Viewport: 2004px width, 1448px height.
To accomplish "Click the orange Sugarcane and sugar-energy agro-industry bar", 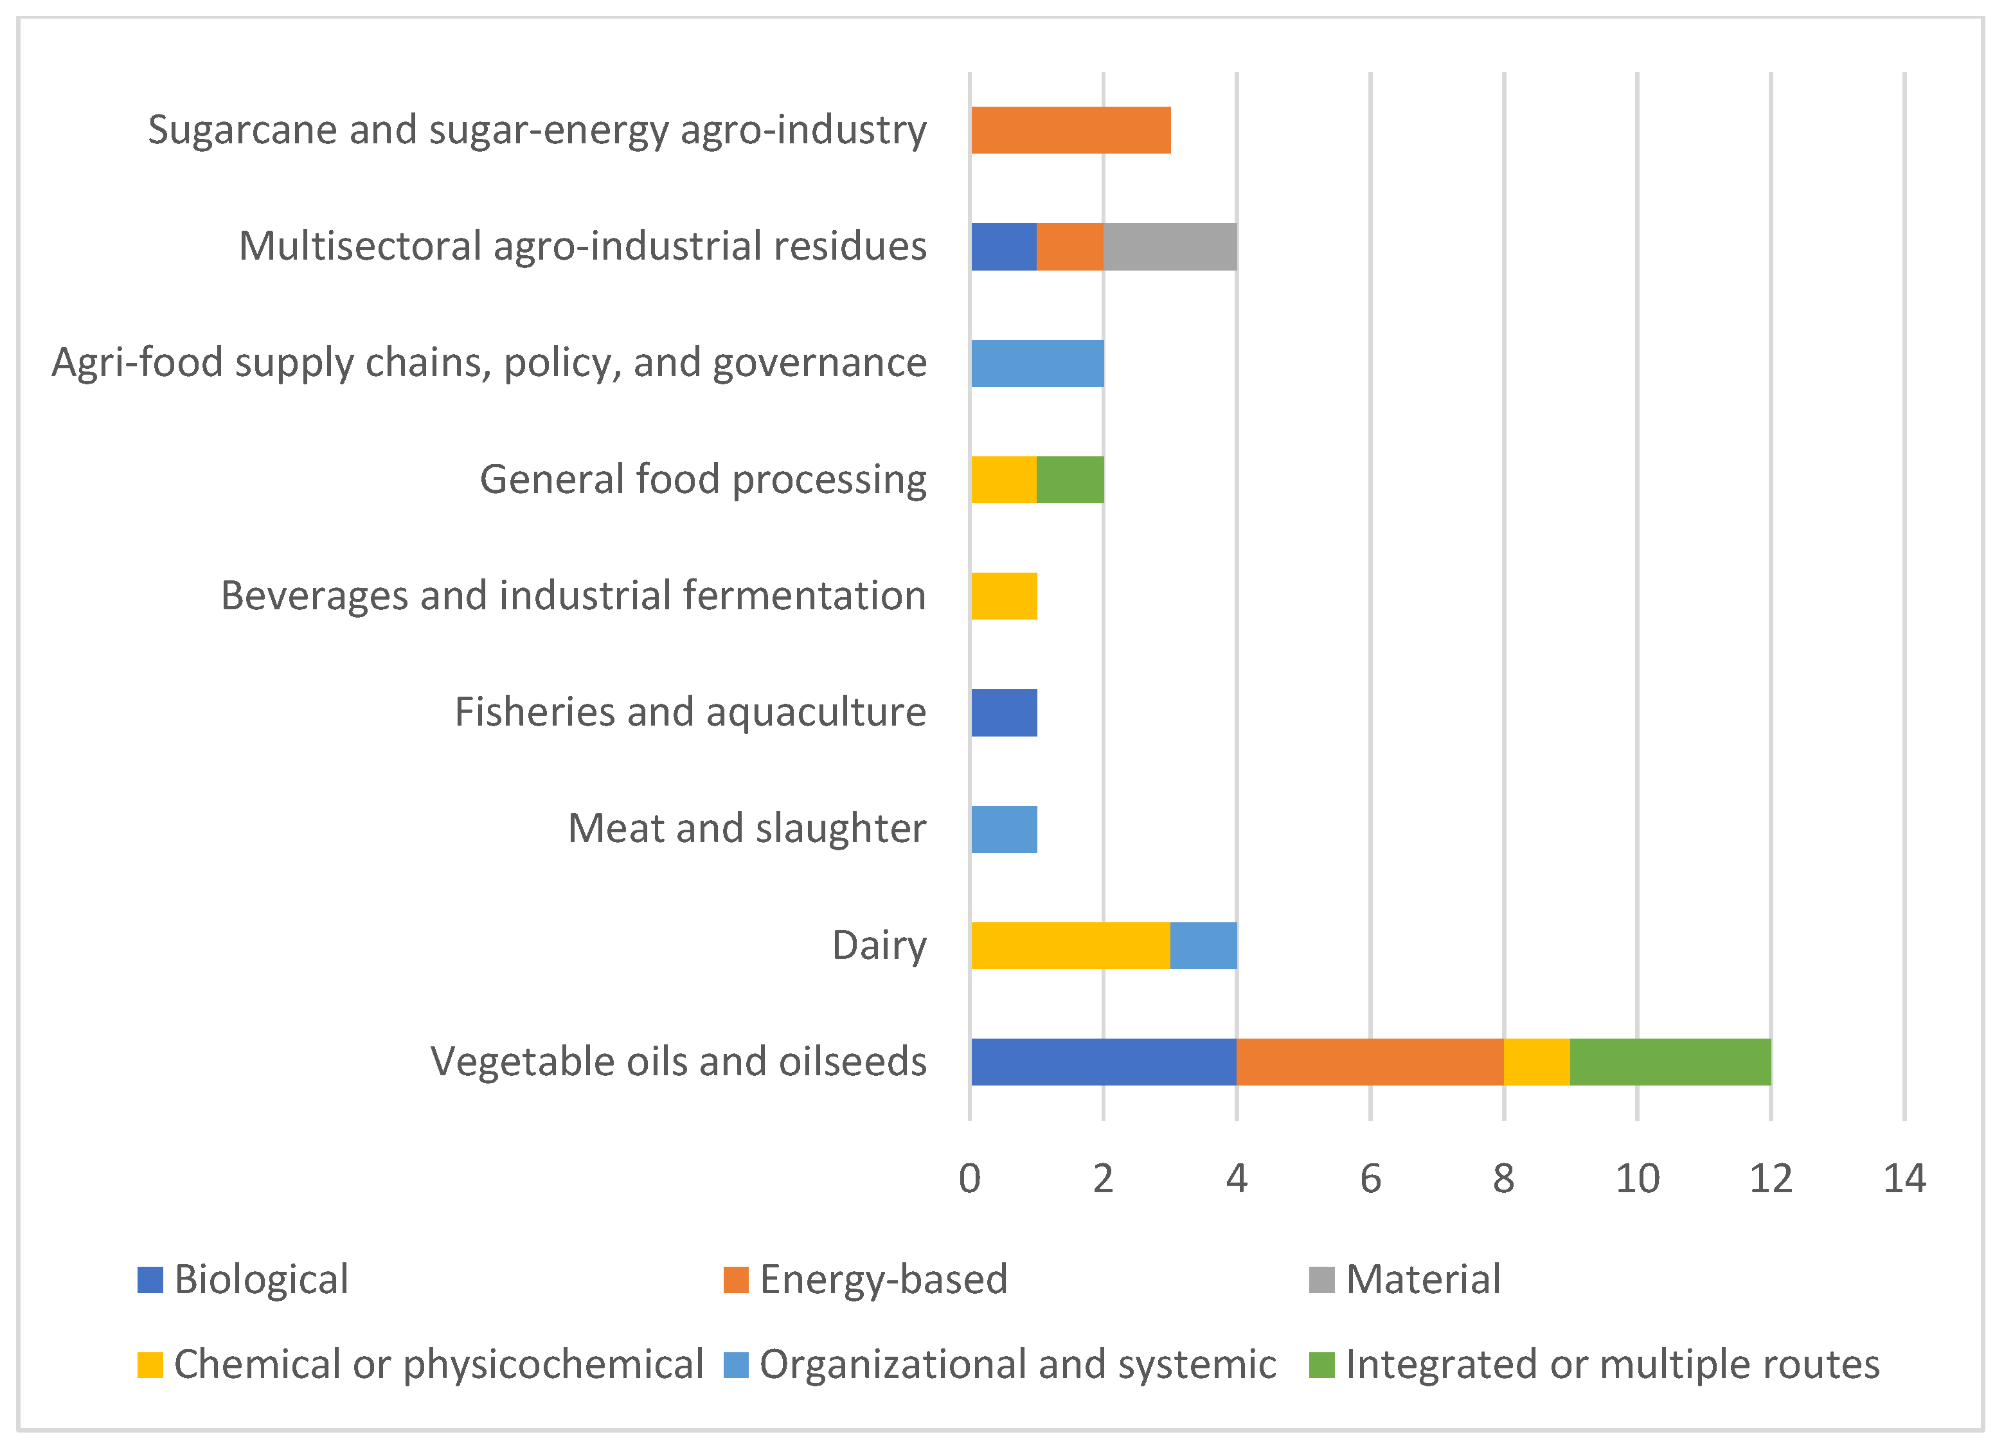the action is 1071,130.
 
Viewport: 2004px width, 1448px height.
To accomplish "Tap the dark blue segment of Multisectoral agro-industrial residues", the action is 1004,247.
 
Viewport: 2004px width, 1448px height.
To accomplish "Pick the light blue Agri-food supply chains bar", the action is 1037,363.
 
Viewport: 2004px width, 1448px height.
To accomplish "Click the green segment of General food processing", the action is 1070,479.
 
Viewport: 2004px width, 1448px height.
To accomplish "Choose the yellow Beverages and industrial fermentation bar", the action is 1004,596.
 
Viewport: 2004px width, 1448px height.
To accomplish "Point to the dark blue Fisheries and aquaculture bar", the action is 1004,713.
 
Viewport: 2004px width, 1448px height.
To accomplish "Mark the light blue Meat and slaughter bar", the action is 1004,830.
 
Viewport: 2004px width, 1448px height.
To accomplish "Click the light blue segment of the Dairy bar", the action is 1203,945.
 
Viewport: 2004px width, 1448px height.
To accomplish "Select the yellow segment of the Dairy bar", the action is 1071,945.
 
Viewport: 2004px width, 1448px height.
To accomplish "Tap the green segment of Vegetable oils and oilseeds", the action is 1670,1062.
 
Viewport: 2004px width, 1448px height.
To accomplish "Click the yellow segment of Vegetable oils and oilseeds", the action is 1537,1062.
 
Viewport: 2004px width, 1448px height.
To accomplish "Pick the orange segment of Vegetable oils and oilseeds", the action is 1370,1062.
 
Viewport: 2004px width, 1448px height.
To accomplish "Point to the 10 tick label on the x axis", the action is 1637,1179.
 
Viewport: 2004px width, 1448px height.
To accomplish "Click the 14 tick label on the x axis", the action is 1904,1179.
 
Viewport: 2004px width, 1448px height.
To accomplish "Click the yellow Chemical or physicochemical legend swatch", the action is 150,1365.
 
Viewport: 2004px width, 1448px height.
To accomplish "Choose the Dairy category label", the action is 879,946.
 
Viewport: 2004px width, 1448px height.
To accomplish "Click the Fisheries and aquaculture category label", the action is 690,712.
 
